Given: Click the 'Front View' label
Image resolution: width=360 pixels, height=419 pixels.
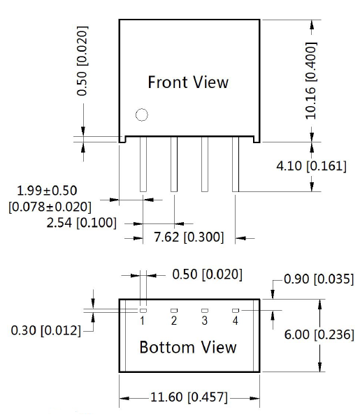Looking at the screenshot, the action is tap(188, 82).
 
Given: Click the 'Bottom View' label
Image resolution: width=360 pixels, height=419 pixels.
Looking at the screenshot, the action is tap(188, 347).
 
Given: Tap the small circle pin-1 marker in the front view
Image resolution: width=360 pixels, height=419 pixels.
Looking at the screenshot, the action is tap(141, 115).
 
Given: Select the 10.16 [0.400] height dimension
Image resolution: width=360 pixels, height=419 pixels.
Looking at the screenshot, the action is tap(311, 80).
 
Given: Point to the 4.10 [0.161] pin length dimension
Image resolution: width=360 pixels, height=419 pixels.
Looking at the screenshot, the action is tap(311, 166).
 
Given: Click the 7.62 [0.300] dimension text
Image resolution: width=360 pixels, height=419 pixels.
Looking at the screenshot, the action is tap(189, 237).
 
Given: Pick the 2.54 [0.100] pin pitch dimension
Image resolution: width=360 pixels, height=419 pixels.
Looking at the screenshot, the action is tap(82, 223).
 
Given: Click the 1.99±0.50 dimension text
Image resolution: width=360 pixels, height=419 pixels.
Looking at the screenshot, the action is tap(47, 191).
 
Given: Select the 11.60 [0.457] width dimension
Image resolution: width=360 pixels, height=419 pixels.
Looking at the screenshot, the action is tap(189, 397).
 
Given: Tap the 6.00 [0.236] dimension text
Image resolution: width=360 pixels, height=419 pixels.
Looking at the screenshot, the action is tap(319, 335).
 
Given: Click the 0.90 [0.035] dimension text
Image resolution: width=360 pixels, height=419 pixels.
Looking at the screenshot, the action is tap(319, 279).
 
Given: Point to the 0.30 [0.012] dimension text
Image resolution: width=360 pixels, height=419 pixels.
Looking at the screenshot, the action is tap(45, 330).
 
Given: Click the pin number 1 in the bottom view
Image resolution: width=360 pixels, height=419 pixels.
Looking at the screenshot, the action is tap(143, 321).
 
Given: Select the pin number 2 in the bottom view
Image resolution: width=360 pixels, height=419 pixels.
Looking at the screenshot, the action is tap(174, 321).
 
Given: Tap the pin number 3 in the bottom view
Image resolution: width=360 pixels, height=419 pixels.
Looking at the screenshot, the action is tap(205, 321).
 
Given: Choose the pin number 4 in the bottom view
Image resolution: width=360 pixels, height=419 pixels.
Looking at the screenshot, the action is tap(236, 321).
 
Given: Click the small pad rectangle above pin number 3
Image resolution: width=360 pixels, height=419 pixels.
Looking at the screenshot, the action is tap(205, 311).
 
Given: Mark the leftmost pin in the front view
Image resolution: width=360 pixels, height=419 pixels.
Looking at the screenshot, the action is tap(143, 164).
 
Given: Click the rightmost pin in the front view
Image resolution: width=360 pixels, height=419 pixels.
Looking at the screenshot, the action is tap(236, 164).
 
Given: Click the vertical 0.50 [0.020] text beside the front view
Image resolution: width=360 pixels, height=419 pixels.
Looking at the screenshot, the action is tap(82, 61).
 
